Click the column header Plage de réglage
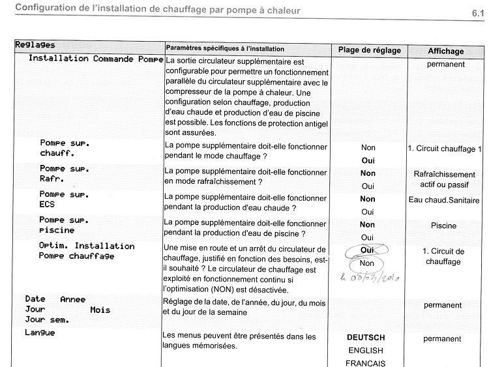click(x=369, y=50)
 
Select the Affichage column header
click(x=446, y=51)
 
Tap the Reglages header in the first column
click(x=35, y=45)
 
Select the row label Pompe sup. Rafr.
click(x=65, y=173)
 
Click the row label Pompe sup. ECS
click(x=65, y=199)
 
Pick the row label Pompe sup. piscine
click(x=65, y=225)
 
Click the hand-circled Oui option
click(x=366, y=250)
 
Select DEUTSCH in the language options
click(x=366, y=338)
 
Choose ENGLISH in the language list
click(x=366, y=351)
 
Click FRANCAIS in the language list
click(x=366, y=363)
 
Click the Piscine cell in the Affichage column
click(x=443, y=226)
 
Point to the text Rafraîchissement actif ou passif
click(x=444, y=179)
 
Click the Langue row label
click(x=40, y=333)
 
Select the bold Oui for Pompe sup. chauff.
click(x=368, y=160)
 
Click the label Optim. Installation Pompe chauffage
click(x=87, y=251)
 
